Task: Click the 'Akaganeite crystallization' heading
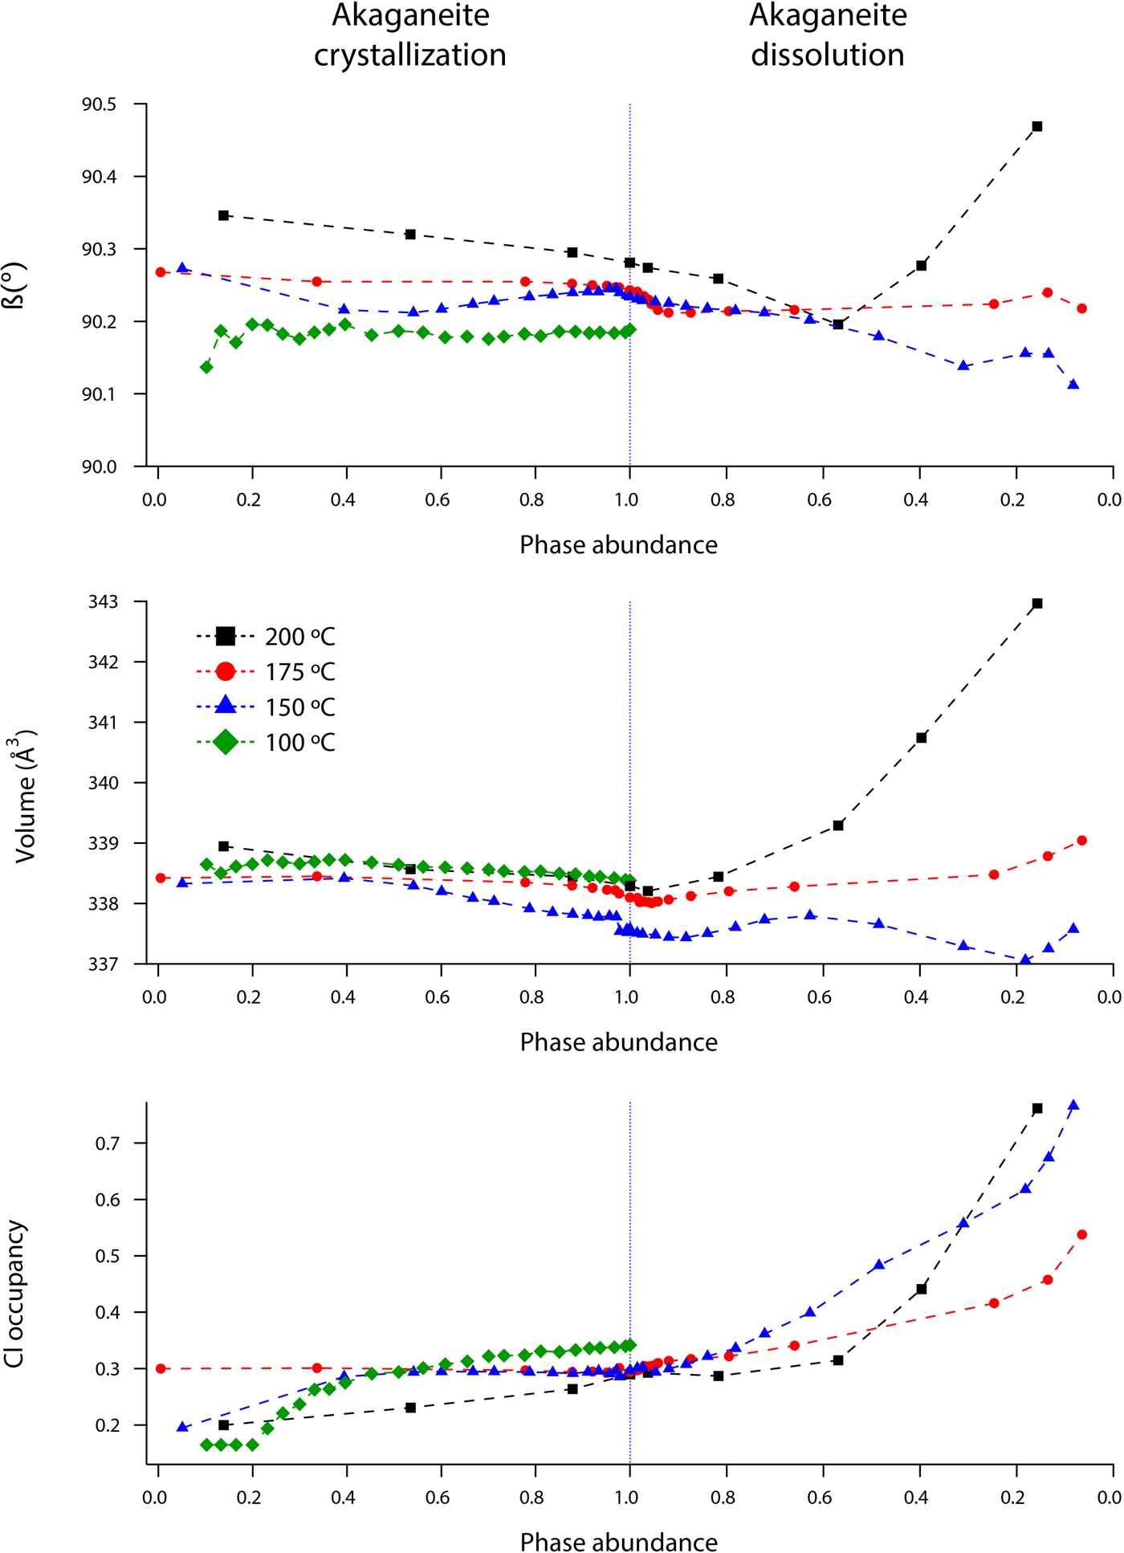410,35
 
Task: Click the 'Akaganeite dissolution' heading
828,35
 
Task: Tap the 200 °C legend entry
265,637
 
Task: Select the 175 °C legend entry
265,672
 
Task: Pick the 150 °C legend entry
265,707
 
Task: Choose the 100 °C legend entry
265,743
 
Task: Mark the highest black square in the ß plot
1037,126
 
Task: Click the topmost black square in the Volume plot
1037,603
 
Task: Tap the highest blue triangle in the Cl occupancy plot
1073,1106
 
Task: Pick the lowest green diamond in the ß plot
206,367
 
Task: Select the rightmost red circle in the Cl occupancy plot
1082,1234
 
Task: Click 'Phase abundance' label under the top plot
618,545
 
